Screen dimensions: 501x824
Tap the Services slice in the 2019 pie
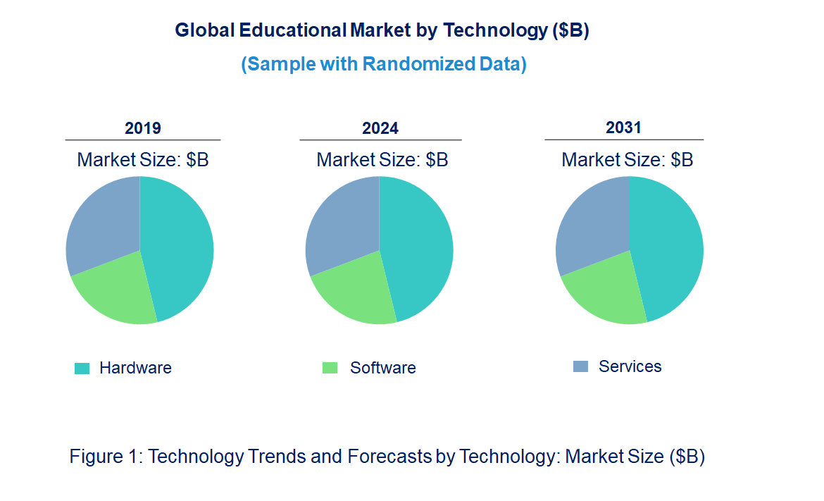pos(102,222)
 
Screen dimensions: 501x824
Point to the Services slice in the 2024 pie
pos(342,222)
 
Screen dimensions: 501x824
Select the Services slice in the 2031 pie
pos(592,222)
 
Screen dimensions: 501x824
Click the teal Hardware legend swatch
pos(82,368)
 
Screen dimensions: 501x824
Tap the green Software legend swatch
pos(330,368)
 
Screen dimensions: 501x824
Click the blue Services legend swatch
pos(580,366)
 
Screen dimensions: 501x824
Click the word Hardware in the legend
pos(135,368)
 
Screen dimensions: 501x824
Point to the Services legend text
pos(630,366)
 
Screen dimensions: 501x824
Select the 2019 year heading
pos(143,128)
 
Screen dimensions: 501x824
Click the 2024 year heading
pos(380,128)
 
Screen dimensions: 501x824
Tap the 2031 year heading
pos(624,128)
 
